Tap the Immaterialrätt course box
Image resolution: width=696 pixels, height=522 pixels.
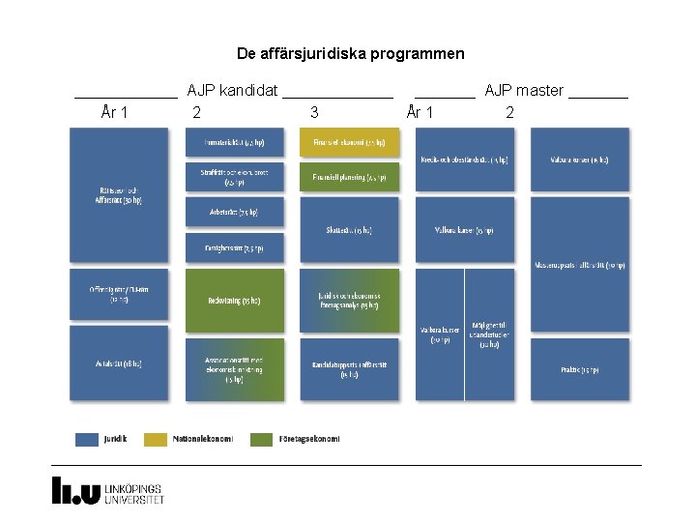235,143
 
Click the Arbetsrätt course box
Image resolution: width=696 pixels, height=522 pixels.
235,212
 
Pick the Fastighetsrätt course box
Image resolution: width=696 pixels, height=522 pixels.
235,247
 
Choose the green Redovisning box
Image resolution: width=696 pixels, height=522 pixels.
235,300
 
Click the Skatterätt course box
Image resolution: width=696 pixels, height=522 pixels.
349,230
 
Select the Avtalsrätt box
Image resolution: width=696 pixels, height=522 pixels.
119,363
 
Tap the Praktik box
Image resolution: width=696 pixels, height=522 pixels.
579,369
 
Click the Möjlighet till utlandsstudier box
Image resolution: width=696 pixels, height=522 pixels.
489,333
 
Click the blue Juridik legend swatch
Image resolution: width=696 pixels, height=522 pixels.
87,439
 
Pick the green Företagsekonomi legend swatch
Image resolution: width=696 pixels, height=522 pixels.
261,439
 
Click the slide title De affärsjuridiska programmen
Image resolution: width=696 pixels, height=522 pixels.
350,54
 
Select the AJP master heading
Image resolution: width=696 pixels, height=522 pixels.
524,91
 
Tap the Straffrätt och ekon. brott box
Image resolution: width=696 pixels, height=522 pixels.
235,178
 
